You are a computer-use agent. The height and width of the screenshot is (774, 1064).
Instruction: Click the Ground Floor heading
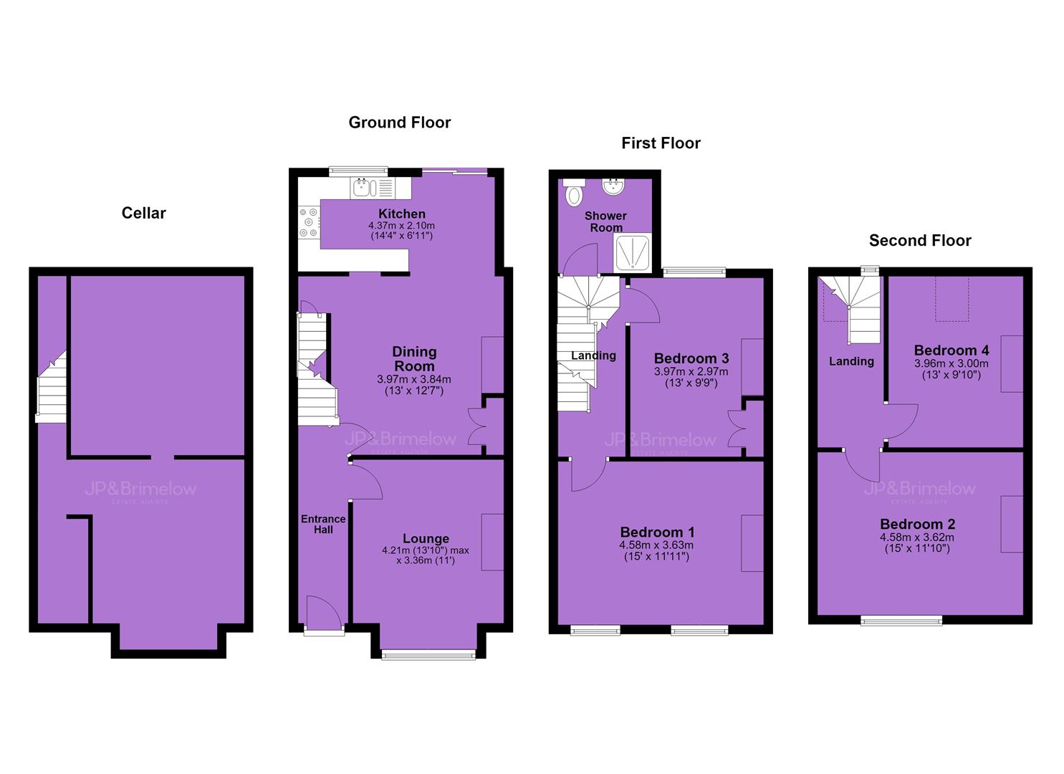coord(400,123)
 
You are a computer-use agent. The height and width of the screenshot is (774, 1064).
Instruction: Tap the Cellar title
coord(143,213)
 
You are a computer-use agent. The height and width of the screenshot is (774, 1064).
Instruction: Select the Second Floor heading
coord(920,240)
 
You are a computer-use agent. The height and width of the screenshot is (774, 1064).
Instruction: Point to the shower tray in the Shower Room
coord(632,253)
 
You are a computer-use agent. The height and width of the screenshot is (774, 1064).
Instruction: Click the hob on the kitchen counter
coord(310,222)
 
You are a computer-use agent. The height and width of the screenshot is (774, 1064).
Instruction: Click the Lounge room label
coord(426,538)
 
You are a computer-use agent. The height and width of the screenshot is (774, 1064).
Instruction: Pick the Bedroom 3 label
coord(691,358)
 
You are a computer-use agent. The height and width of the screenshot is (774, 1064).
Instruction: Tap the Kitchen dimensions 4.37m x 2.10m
coord(401,226)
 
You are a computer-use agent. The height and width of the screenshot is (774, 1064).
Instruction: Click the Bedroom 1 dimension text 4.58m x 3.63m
coord(656,545)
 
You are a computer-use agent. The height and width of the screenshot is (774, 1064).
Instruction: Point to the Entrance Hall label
coord(323,524)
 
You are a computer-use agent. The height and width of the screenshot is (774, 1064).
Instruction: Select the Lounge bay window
coord(428,655)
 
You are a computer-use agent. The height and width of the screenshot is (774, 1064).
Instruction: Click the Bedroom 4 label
coord(952,350)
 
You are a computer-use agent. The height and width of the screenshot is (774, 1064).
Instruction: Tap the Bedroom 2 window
coord(901,620)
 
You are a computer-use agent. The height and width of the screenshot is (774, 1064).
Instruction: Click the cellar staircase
coord(52,386)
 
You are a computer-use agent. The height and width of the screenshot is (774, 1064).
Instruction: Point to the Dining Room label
coord(413,359)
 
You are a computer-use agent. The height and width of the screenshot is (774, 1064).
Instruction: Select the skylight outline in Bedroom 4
coord(952,298)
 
